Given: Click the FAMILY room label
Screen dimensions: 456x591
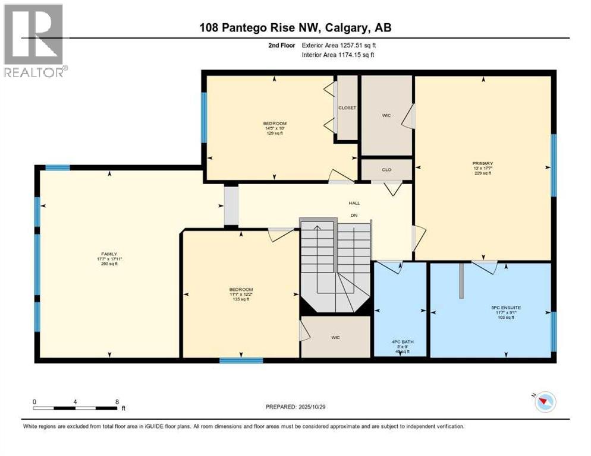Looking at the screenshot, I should click(109, 254).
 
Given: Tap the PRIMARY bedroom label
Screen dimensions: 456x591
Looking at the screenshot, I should click(483, 163).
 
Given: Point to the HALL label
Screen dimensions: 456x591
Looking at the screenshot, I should click(354, 203).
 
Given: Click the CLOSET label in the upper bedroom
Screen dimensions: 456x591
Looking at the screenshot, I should click(347, 107).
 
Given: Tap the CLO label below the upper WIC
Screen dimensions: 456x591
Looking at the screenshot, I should click(386, 168).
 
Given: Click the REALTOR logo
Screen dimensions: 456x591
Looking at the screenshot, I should click(33, 41).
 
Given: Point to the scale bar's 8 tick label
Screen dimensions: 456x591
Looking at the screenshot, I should click(116, 401).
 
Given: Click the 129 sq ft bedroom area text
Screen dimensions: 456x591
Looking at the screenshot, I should click(274, 133).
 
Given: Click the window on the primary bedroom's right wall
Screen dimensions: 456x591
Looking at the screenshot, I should click(554, 165).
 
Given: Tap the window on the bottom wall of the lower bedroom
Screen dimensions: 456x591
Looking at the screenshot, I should click(241, 360).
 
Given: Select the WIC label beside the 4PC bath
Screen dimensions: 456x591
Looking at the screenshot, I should click(335, 337).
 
